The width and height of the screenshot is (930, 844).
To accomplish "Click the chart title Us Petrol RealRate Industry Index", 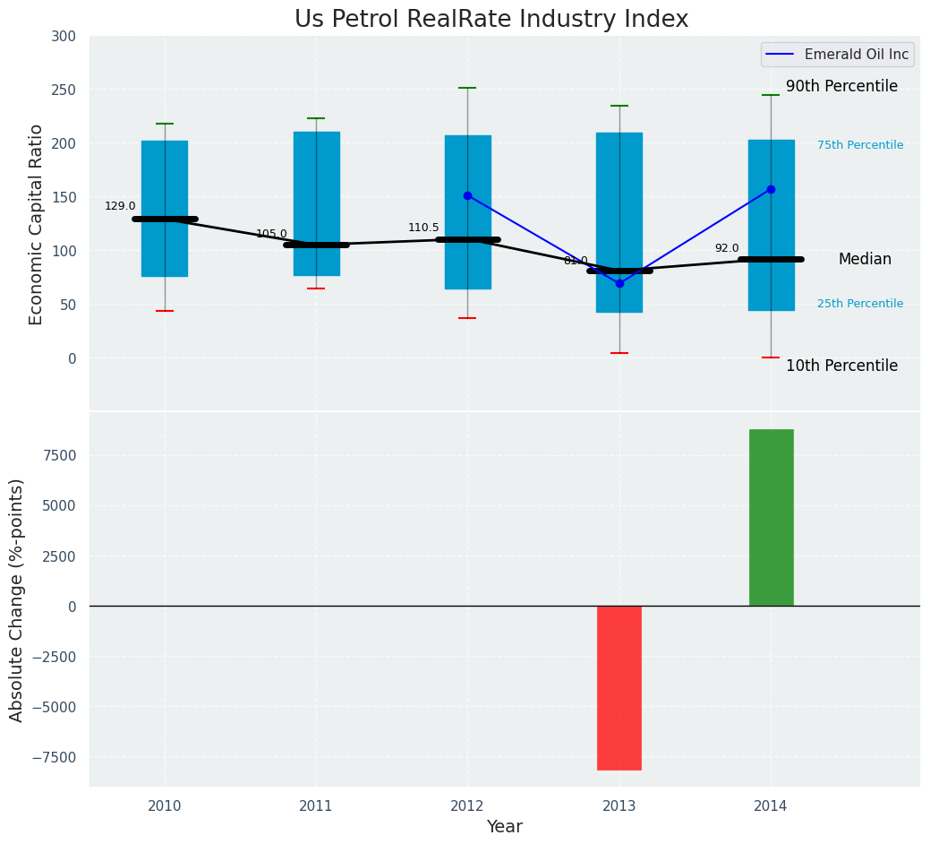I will pos(491,20).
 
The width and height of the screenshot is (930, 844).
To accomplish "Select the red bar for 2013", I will pos(619,687).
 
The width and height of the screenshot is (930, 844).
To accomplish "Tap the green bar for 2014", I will pos(771,517).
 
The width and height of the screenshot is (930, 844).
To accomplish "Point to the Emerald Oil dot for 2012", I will pos(467,195).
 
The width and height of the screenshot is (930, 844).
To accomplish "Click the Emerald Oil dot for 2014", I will pos(771,189).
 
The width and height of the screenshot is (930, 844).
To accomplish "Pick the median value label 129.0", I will pos(120,206).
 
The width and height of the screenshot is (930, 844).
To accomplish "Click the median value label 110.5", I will pos(423,228).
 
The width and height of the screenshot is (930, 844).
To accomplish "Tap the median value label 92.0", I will pos(727,248).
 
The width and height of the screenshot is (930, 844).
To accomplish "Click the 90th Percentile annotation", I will pos(841,86).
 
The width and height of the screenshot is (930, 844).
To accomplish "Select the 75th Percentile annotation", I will pos(860,145).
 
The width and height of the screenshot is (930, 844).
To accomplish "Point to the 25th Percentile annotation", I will pos(860,304).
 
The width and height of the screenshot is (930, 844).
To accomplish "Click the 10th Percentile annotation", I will pos(841,366).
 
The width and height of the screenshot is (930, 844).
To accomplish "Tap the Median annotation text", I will pos(865,259).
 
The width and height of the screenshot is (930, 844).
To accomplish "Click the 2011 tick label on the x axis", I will pos(316,806).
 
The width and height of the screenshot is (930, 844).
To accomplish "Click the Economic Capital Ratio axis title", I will pos(37,224).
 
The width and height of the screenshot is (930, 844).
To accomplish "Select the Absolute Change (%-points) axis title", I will pos(17,599).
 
